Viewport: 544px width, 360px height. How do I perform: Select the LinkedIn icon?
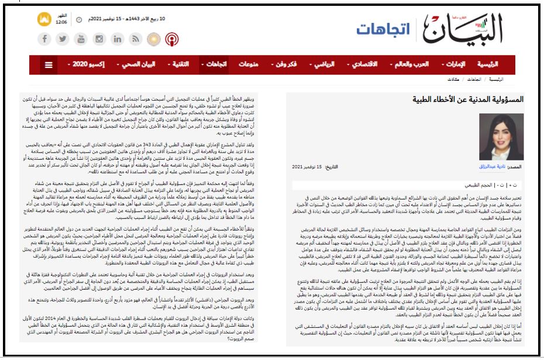pyautogui.click(x=118, y=39)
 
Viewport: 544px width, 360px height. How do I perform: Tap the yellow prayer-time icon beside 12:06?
pyautogui.click(x=44, y=19)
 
